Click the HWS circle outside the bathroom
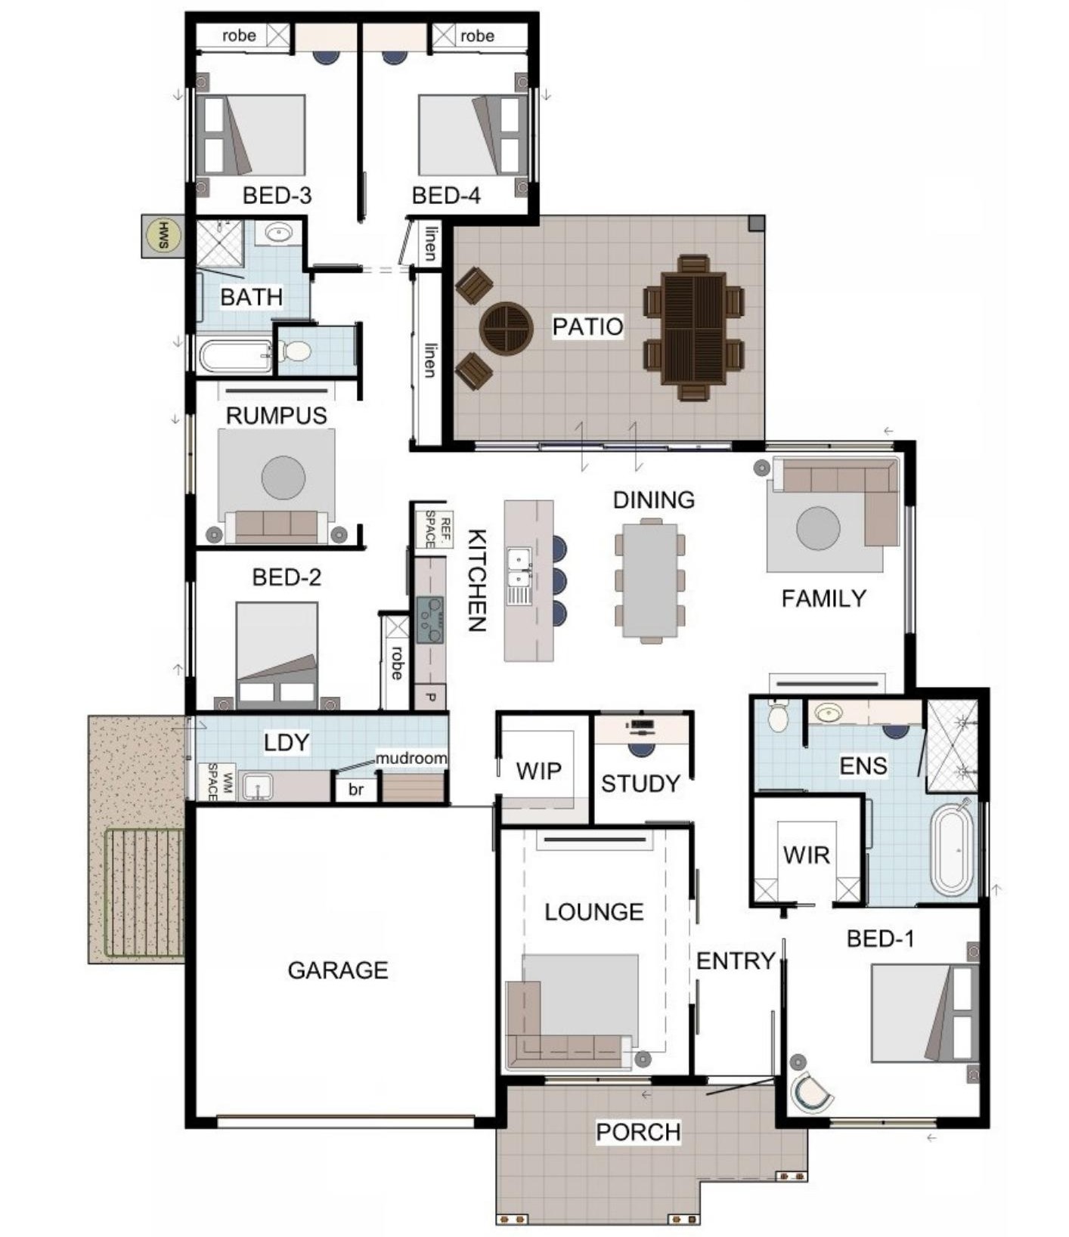pyautogui.click(x=163, y=236)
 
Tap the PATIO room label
pyautogui.click(x=587, y=326)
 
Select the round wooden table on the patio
pyautogui.click(x=506, y=328)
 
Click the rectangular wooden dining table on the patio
pyautogui.click(x=693, y=328)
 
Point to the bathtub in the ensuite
pyautogui.click(x=953, y=850)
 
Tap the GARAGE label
pyautogui.click(x=338, y=970)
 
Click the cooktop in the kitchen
pyautogui.click(x=429, y=620)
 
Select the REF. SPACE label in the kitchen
pyautogui.click(x=435, y=529)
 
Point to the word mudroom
pyautogui.click(x=411, y=757)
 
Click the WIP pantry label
pyautogui.click(x=539, y=771)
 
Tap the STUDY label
pyautogui.click(x=640, y=784)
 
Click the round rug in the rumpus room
pyautogui.click(x=284, y=478)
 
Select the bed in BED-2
pyautogui.click(x=277, y=655)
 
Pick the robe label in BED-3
pyautogui.click(x=239, y=36)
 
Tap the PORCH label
pyautogui.click(x=638, y=1132)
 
